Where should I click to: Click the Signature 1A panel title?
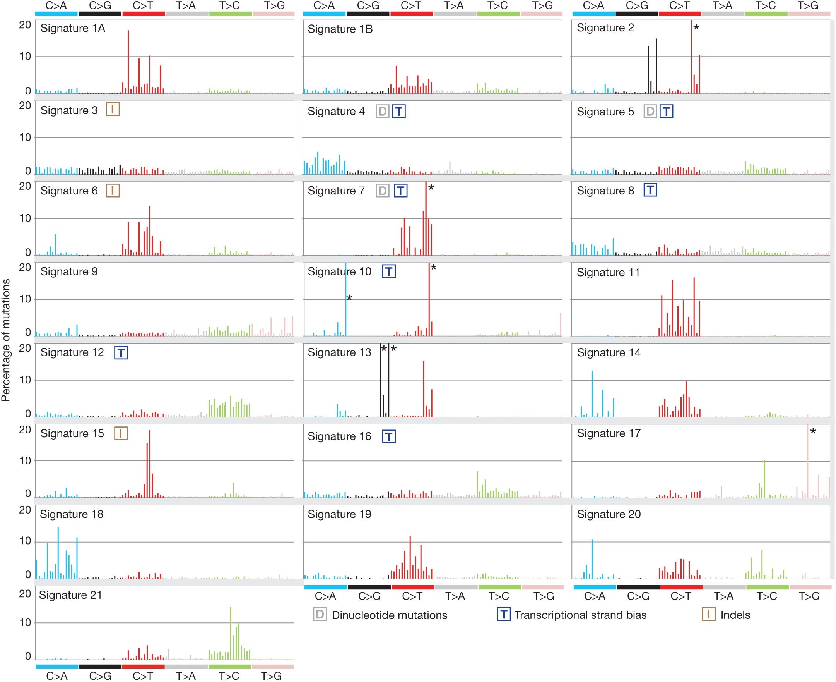coord(73,29)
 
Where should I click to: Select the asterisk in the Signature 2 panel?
coord(697,28)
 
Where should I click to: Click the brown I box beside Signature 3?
coord(113,110)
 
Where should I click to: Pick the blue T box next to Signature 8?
coord(650,191)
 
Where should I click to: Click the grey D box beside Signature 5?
coord(650,112)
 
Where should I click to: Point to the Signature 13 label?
coord(339,352)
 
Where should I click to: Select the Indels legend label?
coord(735,615)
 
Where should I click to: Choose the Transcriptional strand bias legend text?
coord(580,615)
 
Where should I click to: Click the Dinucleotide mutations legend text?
coord(389,615)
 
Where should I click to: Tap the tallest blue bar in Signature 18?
coord(58,552)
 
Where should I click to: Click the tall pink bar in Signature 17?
coord(808,462)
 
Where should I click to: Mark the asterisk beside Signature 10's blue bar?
coord(349,298)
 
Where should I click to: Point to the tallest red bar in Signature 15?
coord(150,464)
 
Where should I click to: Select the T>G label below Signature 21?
coord(272,676)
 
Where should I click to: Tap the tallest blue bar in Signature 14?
coord(592,393)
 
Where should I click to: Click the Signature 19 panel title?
coord(339,514)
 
